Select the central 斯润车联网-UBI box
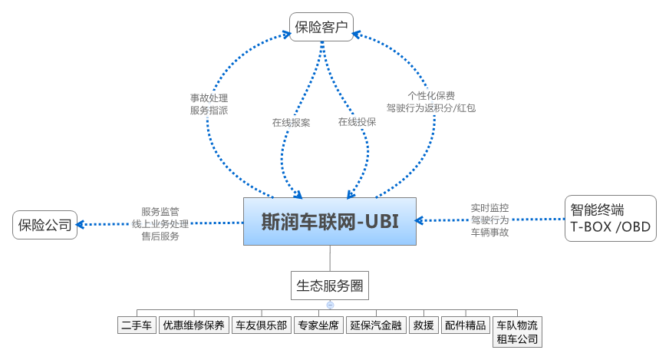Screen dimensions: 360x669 click(x=331, y=221)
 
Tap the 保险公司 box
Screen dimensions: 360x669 click(x=45, y=225)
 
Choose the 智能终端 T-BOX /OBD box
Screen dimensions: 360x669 click(x=611, y=218)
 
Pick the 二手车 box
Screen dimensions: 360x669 click(x=137, y=325)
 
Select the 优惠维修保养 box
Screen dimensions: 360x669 click(x=193, y=325)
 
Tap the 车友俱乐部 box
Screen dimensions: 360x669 click(x=262, y=325)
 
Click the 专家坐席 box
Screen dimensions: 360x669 click(x=318, y=325)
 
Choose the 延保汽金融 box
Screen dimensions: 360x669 click(x=375, y=325)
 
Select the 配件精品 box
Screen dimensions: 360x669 click(x=466, y=325)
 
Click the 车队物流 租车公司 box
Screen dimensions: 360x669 click(x=517, y=332)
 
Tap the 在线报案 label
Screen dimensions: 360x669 click(x=291, y=122)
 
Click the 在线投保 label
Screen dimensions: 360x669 click(x=357, y=122)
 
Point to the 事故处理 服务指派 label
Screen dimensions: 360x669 click(x=209, y=104)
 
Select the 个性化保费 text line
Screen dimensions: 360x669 click(x=431, y=96)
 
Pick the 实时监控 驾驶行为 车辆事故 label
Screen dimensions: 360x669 click(x=489, y=220)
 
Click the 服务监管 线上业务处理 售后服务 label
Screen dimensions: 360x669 click(x=160, y=223)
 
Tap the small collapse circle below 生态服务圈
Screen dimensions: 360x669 click(x=330, y=306)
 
